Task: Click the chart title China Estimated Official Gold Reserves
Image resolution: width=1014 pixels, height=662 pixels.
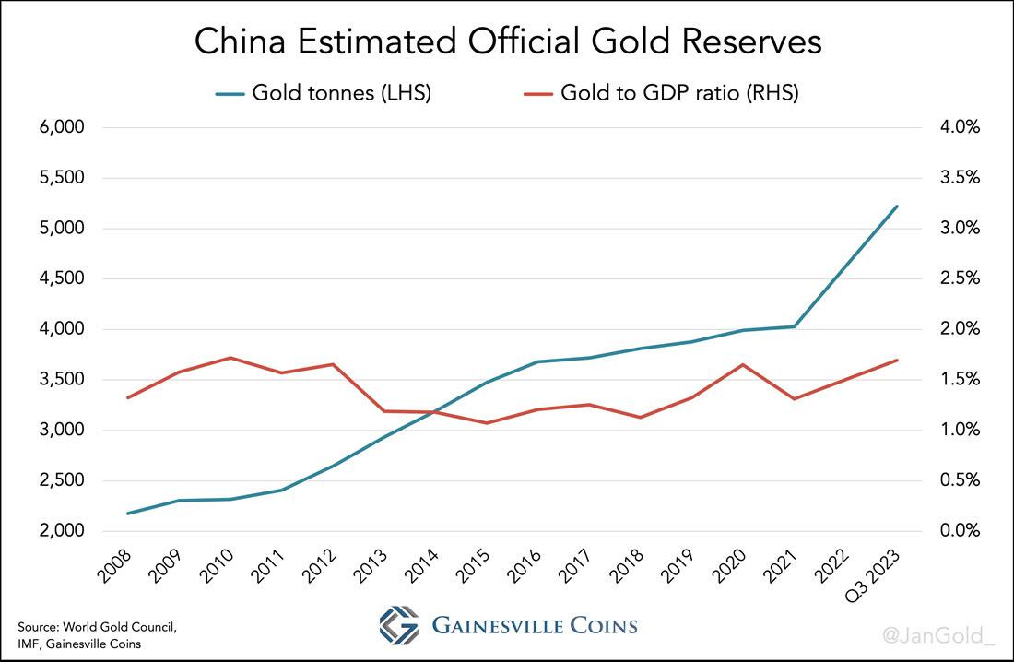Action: click(506, 42)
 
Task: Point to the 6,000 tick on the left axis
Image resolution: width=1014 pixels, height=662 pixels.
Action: click(62, 127)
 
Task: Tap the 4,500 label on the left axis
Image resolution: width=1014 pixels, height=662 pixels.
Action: click(62, 278)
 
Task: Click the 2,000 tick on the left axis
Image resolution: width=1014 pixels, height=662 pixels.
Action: click(62, 531)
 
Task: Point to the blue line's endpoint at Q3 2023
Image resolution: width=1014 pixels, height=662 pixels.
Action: click(897, 207)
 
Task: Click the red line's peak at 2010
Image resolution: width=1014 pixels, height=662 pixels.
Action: click(230, 358)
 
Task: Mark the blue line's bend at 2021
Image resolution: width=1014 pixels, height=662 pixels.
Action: click(795, 326)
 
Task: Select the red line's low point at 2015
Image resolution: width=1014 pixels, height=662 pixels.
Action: click(486, 423)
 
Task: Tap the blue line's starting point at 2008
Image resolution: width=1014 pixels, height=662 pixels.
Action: click(127, 514)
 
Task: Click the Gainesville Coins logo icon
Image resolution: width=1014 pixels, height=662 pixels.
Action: click(398, 625)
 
